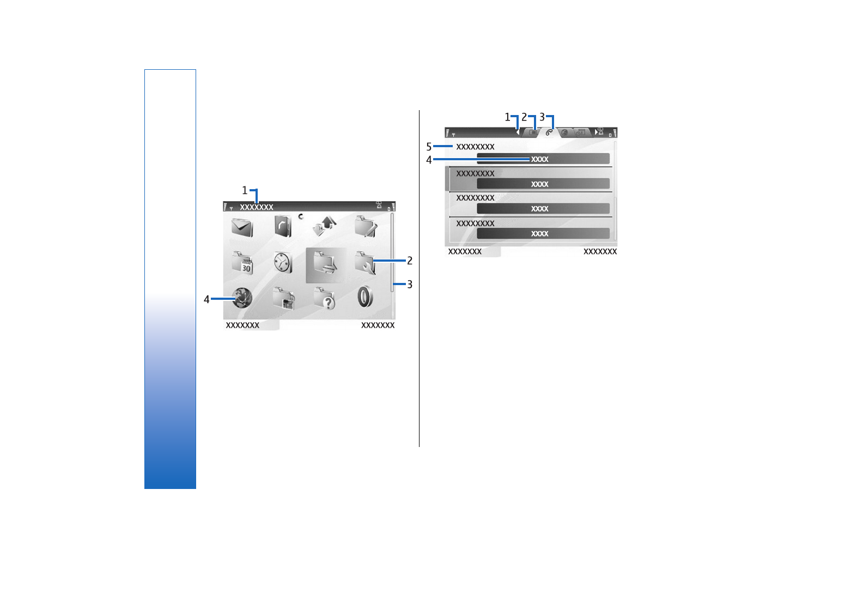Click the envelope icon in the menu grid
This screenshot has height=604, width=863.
(x=242, y=227)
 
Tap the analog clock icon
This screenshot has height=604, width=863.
(x=283, y=263)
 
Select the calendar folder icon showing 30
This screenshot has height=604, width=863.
(x=242, y=263)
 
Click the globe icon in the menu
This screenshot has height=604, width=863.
(x=242, y=298)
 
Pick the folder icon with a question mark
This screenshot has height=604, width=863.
(x=324, y=298)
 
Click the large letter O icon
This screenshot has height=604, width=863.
(x=365, y=297)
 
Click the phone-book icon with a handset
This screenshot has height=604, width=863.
(x=283, y=226)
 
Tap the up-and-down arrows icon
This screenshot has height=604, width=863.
(x=324, y=226)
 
